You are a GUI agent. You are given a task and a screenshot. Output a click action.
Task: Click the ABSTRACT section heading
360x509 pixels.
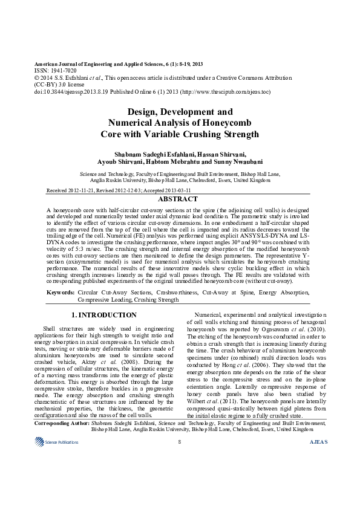177,199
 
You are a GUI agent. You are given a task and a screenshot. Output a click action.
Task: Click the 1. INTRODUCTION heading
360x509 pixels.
104,315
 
